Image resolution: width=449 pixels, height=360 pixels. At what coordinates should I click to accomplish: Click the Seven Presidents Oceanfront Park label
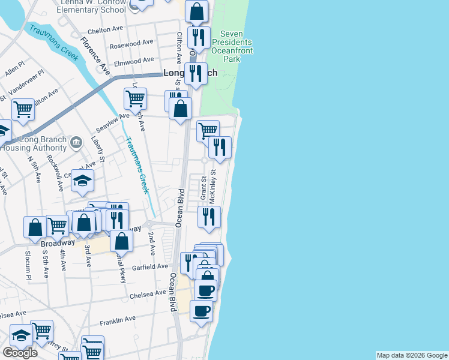tap(236, 47)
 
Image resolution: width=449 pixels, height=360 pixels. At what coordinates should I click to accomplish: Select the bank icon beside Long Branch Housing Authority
tap(76, 142)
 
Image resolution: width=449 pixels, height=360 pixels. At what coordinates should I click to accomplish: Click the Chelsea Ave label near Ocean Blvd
tap(147, 293)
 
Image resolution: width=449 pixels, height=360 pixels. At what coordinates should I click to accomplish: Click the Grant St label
tap(203, 188)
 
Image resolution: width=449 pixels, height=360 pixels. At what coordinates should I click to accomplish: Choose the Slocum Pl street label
tap(28, 270)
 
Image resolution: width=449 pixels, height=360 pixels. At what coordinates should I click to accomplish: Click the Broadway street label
tap(58, 243)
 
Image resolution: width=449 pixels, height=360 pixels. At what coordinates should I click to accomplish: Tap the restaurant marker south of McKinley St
tap(209, 217)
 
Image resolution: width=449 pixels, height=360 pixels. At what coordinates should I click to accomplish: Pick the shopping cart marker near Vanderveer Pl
tap(23, 110)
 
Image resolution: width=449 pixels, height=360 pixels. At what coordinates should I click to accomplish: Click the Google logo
tap(20, 353)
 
